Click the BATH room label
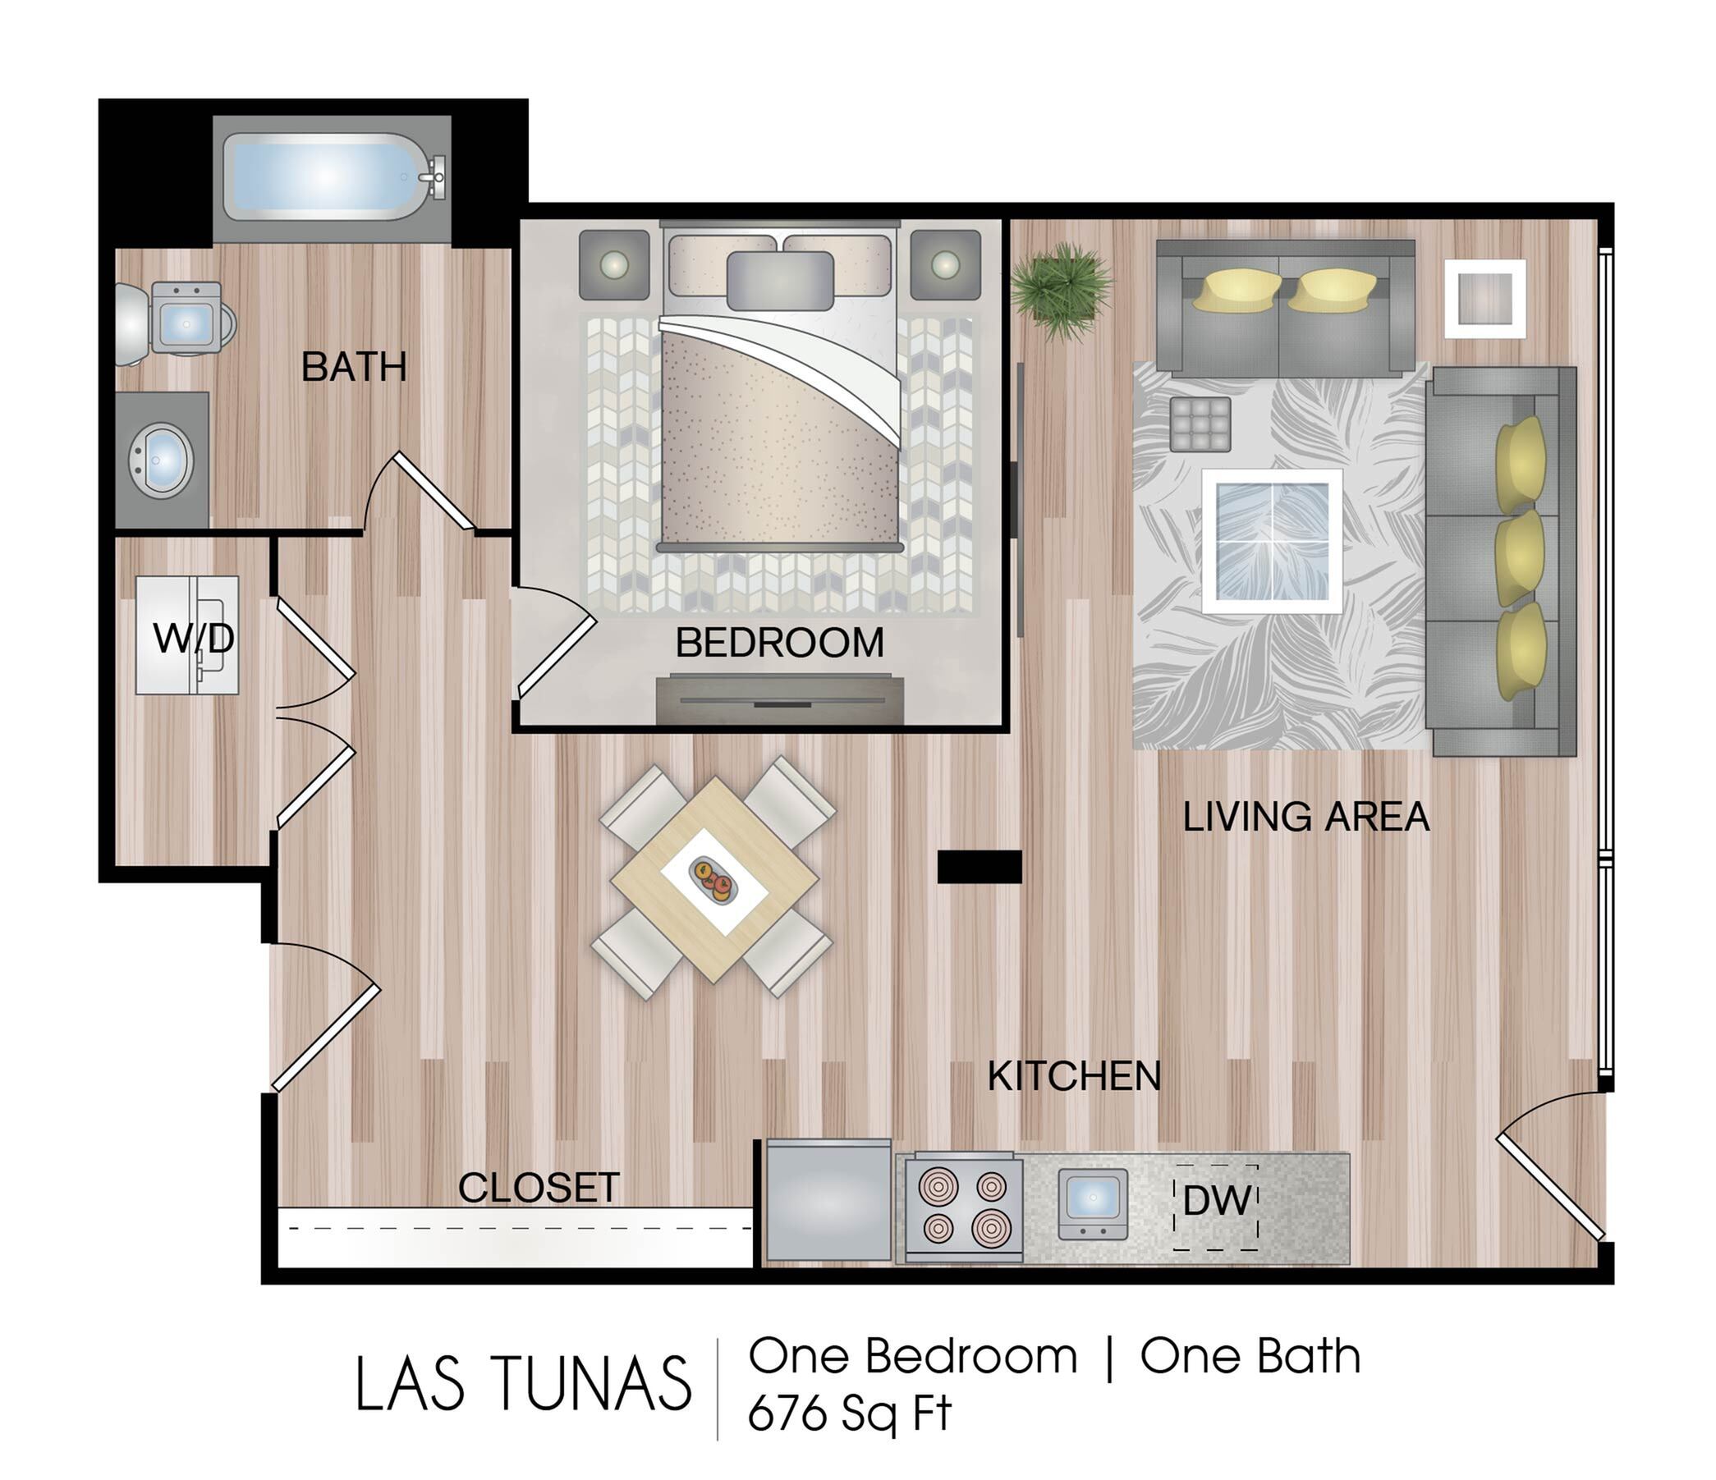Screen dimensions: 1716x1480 (x=354, y=367)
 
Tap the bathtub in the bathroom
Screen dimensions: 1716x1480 (x=331, y=177)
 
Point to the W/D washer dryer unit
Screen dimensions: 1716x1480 (x=187, y=635)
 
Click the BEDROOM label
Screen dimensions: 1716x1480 (x=779, y=643)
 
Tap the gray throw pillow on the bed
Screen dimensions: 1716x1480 (x=779, y=281)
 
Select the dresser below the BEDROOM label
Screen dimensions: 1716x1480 (x=779, y=700)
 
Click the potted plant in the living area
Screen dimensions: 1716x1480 (x=1060, y=290)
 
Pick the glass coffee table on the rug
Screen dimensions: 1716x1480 (x=1272, y=540)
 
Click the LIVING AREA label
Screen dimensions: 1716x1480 (x=1306, y=817)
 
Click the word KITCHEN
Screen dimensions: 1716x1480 (x=1074, y=1076)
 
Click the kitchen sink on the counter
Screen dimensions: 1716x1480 (x=1093, y=1203)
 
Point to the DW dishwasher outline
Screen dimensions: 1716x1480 (x=1217, y=1207)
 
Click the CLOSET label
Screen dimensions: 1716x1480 (x=539, y=1189)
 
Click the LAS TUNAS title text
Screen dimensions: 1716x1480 (x=523, y=1383)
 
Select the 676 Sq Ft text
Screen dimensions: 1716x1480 (x=849, y=1413)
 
